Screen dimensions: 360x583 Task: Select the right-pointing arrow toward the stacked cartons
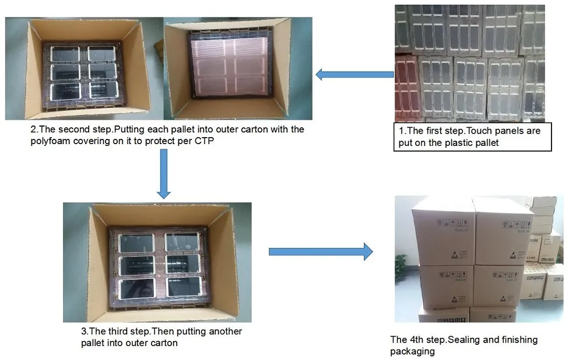coord(320,251)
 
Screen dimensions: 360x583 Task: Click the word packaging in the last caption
coord(412,351)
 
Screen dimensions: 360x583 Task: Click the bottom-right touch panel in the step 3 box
coord(184,286)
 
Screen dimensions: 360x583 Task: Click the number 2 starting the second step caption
coord(33,130)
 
